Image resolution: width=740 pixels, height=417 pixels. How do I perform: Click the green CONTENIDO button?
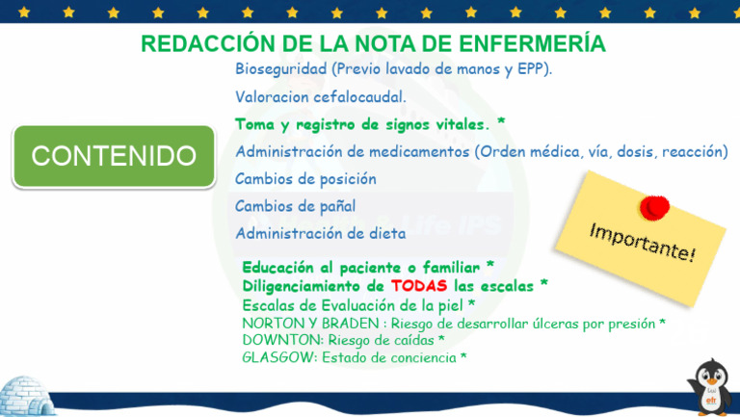click(x=113, y=156)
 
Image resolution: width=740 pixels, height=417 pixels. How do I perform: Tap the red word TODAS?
click(x=419, y=286)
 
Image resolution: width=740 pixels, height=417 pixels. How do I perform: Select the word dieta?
click(x=386, y=233)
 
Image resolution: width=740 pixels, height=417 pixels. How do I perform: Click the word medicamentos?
click(x=417, y=151)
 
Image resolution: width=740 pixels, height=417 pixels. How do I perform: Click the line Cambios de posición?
click(x=305, y=179)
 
